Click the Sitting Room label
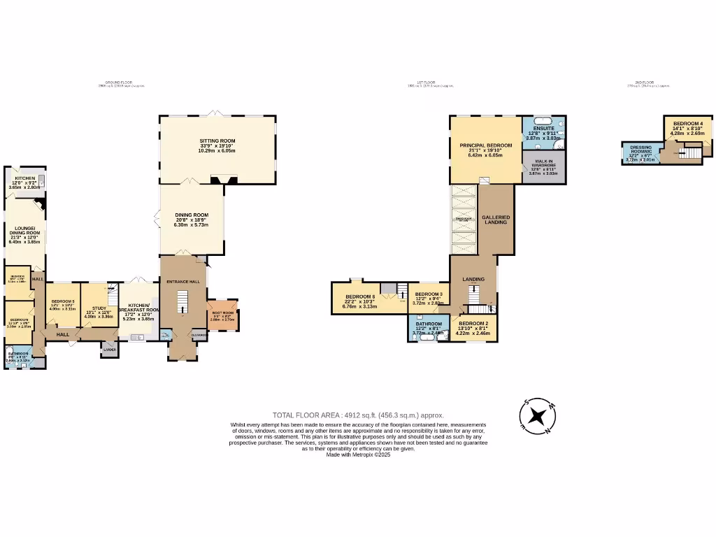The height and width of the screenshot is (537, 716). click(x=217, y=141)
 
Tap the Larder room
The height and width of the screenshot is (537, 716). click(x=110, y=350)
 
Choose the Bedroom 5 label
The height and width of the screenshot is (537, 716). click(x=63, y=301)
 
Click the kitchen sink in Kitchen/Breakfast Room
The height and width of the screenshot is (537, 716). click(x=137, y=337)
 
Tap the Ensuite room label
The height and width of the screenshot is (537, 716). click(x=543, y=129)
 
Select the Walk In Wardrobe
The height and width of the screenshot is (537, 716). click(x=543, y=166)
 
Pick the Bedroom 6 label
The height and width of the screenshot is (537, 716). click(x=359, y=296)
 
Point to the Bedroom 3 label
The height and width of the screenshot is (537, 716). click(x=428, y=294)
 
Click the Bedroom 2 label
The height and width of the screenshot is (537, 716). click(x=474, y=324)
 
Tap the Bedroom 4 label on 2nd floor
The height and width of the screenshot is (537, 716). click(x=687, y=124)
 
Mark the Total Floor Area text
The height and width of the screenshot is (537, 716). click(x=358, y=415)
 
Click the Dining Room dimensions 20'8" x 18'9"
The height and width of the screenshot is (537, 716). click(x=191, y=220)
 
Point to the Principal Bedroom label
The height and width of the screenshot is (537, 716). click(x=485, y=145)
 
